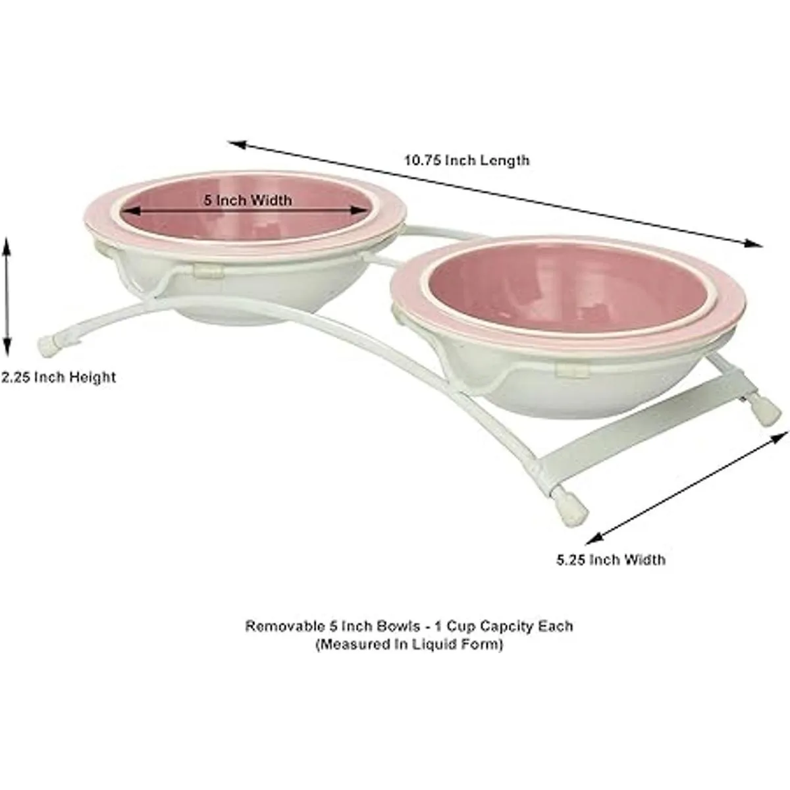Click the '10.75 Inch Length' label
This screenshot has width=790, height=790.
pos(467,160)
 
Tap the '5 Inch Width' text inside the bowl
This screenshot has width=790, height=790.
pos(247,199)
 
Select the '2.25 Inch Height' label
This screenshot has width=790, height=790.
pos(58,377)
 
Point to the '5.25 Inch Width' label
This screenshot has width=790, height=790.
pos(610,560)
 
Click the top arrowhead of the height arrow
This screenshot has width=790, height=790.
pos(7,244)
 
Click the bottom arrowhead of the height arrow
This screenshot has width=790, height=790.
pos(7,349)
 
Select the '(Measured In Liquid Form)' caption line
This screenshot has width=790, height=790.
pos(409,645)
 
